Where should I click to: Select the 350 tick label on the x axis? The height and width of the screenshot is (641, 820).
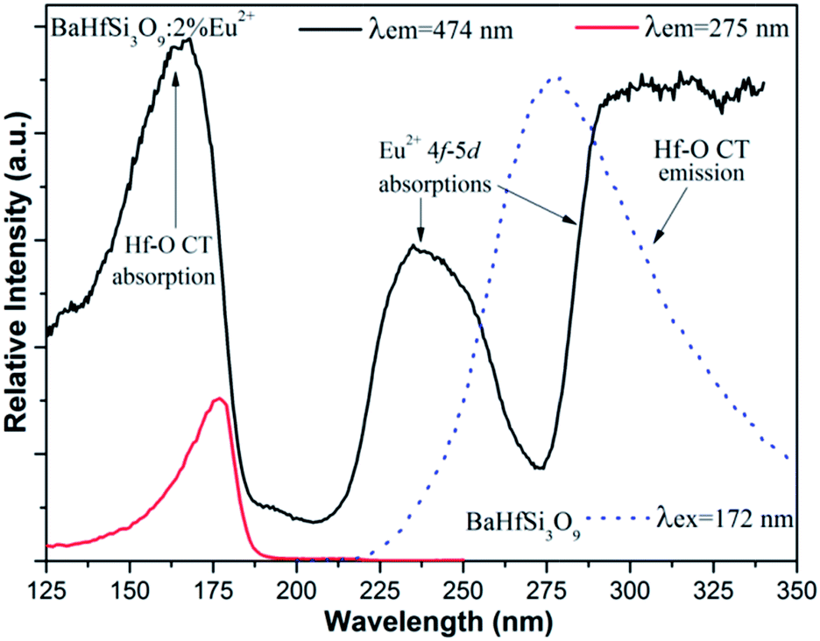(795, 585)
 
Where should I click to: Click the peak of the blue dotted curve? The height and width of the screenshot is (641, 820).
(555, 77)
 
